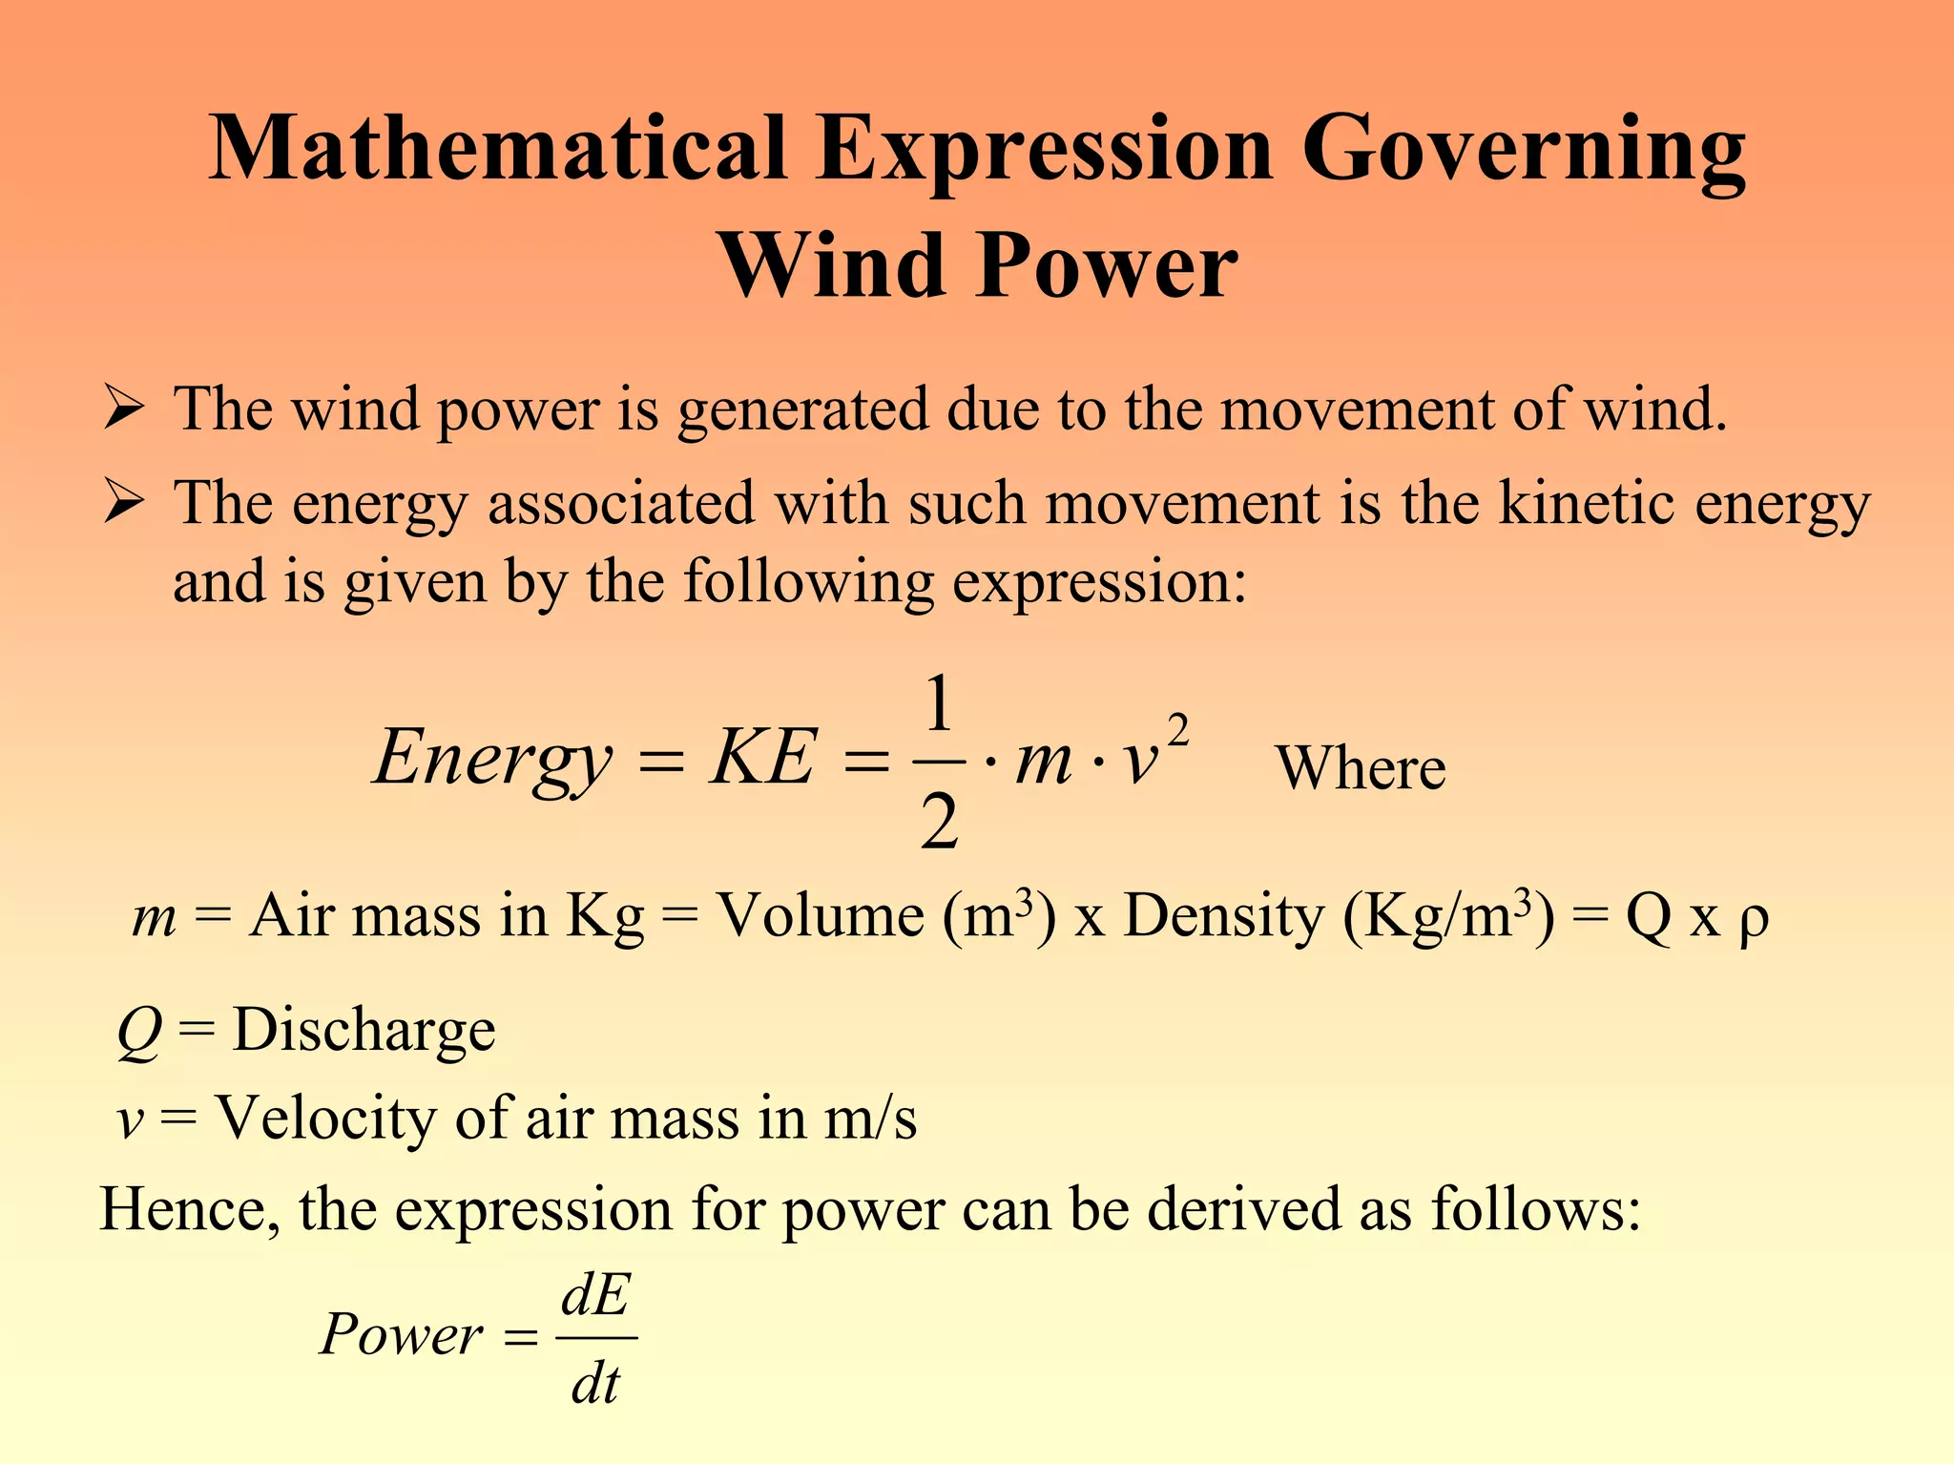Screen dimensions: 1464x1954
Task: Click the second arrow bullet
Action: [x=124, y=503]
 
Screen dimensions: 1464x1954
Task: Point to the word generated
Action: [x=801, y=410]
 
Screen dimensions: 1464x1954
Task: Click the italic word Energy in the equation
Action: [x=492, y=759]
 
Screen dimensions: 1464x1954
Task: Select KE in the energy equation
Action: [x=762, y=759]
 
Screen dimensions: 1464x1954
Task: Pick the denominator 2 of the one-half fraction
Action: [x=940, y=822]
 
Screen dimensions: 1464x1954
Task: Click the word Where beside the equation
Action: [x=1361, y=768]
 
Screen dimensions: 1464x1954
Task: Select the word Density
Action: [x=1224, y=917]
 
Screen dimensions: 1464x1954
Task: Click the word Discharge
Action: [x=364, y=1030]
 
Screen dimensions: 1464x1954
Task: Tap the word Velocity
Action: [x=325, y=1118]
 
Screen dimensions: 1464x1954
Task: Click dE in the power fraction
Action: [x=595, y=1297]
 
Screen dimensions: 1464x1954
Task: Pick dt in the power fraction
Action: [x=595, y=1384]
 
